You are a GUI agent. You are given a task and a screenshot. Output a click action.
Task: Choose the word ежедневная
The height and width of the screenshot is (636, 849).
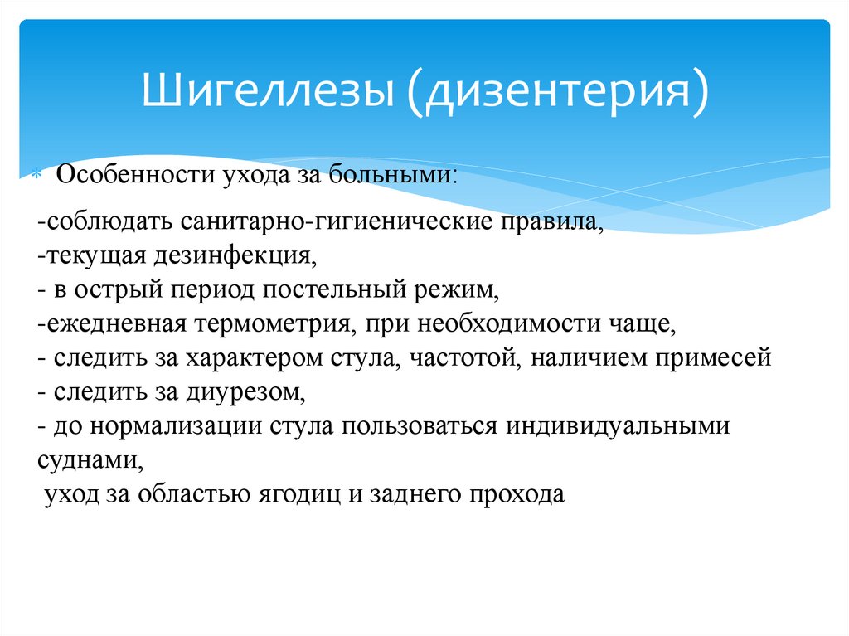point(112,324)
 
